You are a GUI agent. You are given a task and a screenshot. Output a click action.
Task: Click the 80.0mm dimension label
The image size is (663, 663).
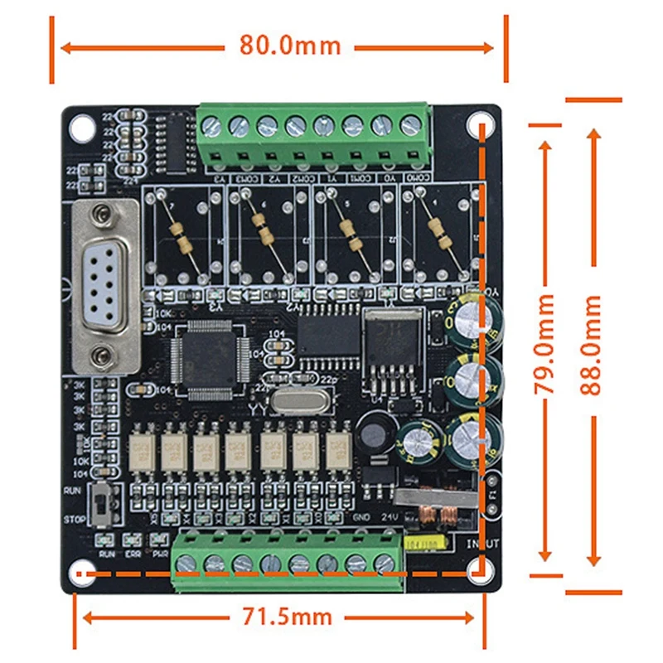coord(290,44)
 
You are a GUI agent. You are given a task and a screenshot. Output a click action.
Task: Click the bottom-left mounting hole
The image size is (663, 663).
coord(80,573)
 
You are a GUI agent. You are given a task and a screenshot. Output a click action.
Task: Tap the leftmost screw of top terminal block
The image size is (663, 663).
coord(211,126)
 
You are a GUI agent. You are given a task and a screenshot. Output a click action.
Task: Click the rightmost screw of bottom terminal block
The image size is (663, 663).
coord(383,564)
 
